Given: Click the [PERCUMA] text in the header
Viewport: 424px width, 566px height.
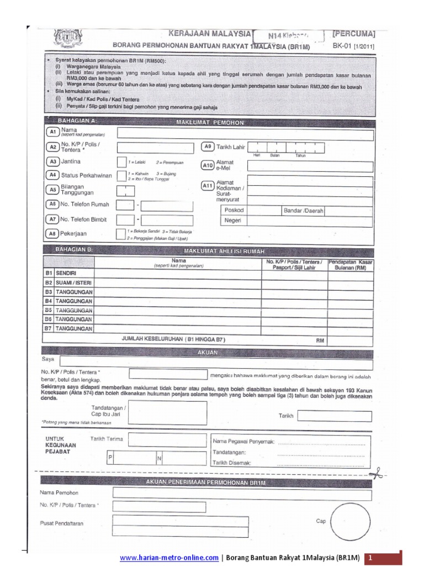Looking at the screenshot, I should point(353,34).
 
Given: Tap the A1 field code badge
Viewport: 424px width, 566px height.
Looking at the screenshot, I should point(53,132).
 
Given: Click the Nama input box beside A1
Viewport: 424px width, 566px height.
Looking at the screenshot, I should point(245,134).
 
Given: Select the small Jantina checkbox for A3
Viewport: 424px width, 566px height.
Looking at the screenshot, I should point(121,162).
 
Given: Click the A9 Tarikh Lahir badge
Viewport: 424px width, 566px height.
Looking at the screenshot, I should point(208,147).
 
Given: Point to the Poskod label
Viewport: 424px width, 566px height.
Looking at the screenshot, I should point(235,211).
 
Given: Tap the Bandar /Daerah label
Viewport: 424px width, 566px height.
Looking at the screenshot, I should point(303,211).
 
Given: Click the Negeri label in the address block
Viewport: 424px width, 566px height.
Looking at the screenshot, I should point(234,221).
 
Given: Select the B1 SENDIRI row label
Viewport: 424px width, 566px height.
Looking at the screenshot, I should point(61,273).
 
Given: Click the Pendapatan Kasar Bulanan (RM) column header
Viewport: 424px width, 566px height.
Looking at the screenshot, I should point(351,264).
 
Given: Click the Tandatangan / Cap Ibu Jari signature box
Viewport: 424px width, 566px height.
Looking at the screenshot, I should point(167,413).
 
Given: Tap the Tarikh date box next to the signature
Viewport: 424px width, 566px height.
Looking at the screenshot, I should point(335,416).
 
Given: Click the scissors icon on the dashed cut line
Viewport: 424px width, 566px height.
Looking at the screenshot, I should point(377,473).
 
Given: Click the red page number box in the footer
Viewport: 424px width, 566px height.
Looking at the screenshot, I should point(385,558).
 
